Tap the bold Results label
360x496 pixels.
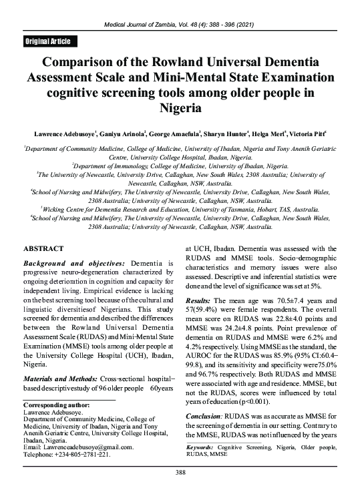[199, 320]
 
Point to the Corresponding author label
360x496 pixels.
[56, 405]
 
